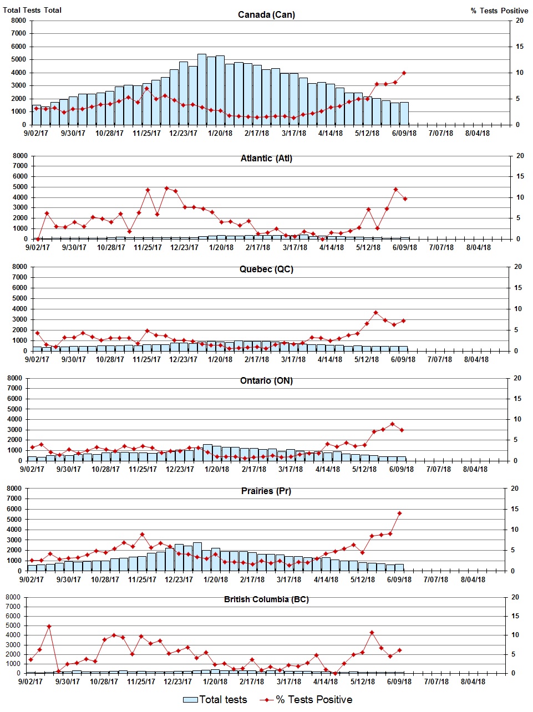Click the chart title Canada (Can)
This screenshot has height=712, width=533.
266,14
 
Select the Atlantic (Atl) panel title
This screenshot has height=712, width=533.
266,159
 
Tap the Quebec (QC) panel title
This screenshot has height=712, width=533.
266,269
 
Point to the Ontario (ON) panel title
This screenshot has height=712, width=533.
266,381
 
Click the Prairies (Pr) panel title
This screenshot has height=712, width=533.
266,491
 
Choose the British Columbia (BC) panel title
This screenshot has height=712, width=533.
266,599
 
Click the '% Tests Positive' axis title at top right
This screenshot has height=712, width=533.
499,11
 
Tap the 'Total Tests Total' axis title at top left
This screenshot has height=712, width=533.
32,10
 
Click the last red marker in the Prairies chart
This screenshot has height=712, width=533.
399,513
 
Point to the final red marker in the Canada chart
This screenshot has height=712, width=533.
404,73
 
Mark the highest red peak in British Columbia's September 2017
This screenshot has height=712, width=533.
49,626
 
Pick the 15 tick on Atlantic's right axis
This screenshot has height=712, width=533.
520,176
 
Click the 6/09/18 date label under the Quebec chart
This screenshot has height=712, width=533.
403,359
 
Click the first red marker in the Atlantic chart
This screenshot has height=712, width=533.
38,239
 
